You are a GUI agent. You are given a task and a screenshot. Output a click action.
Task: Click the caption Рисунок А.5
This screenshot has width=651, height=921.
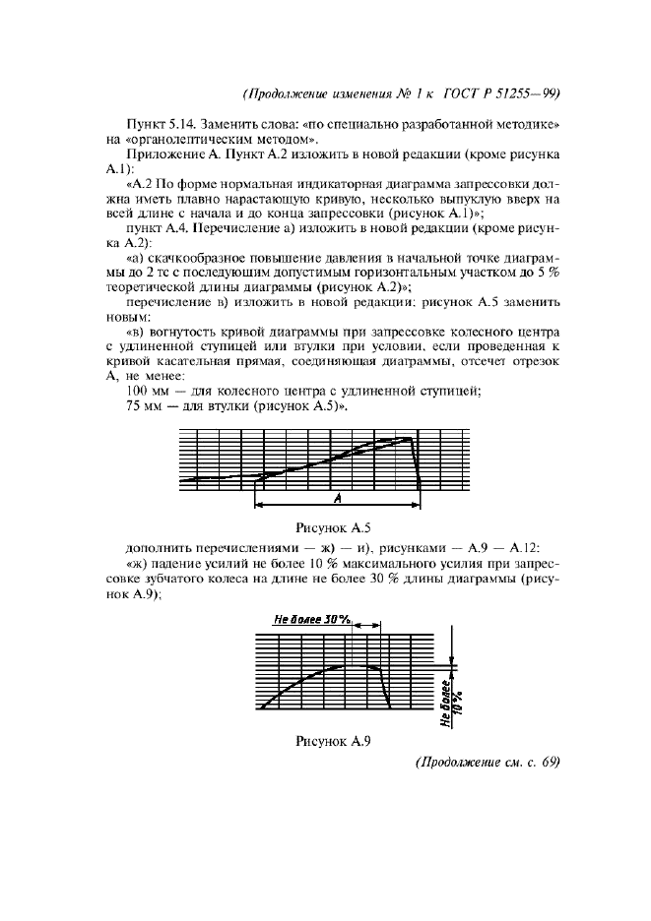coord(340,527)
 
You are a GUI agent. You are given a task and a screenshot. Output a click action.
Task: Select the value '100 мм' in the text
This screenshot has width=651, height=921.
coord(147,391)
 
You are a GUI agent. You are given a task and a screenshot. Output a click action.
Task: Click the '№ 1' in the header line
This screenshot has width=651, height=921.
coord(404,95)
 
